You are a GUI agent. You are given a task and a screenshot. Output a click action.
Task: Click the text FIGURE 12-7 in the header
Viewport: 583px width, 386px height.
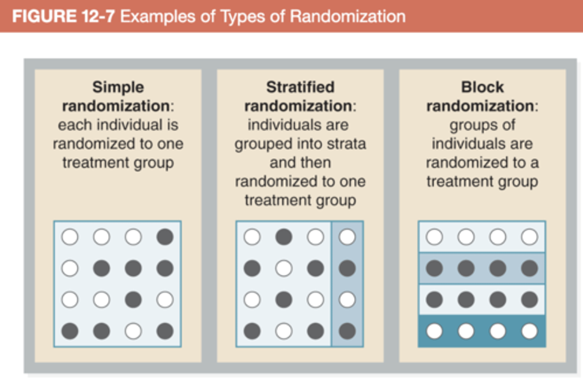(x=63, y=17)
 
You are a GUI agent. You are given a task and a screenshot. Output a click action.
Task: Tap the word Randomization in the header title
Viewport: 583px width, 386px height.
(x=347, y=17)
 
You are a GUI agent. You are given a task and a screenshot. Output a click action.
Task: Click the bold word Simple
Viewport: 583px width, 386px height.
(x=118, y=87)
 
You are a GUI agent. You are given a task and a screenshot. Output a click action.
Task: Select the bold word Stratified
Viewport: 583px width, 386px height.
(x=300, y=87)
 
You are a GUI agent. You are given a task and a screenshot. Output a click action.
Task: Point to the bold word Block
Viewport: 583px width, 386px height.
(x=482, y=87)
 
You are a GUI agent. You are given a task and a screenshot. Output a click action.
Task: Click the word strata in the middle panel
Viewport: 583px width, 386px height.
(x=345, y=144)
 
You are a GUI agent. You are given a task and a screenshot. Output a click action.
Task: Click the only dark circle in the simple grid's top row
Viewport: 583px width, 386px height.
(x=165, y=237)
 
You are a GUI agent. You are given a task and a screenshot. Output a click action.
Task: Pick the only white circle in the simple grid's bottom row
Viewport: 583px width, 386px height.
(x=133, y=331)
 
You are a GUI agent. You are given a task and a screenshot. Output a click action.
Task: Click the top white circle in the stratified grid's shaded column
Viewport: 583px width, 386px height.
(x=347, y=237)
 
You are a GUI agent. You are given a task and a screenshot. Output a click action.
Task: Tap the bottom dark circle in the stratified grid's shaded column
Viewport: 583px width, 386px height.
(x=347, y=331)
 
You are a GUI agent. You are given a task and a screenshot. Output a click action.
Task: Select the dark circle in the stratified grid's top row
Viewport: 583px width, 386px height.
(x=283, y=237)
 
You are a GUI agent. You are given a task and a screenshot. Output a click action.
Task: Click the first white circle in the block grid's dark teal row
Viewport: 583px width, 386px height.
(x=434, y=331)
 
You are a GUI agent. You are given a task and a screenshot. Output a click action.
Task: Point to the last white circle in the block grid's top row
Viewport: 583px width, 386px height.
(x=530, y=237)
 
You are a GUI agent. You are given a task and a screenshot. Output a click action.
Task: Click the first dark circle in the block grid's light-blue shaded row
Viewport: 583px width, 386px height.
(x=434, y=268)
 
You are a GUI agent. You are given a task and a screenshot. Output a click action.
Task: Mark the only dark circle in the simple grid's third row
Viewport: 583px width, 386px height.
(x=133, y=300)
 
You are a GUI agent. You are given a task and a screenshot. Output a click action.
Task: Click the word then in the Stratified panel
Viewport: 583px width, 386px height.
(x=317, y=162)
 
